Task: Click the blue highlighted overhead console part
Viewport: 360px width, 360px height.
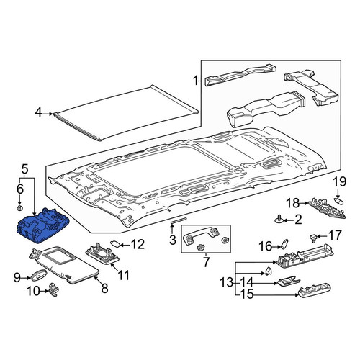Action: click(x=43, y=225)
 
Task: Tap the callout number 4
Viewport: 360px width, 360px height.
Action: click(x=38, y=112)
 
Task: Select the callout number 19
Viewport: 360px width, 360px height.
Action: click(x=340, y=181)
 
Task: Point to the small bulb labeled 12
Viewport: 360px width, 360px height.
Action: click(x=116, y=244)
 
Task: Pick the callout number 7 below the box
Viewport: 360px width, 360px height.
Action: click(x=206, y=262)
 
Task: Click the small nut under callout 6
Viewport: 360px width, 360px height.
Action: click(x=19, y=208)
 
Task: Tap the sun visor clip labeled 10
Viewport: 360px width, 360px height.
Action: click(x=54, y=289)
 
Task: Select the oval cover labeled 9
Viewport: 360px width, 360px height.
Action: click(x=38, y=275)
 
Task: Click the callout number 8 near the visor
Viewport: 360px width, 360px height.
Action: click(x=104, y=288)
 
